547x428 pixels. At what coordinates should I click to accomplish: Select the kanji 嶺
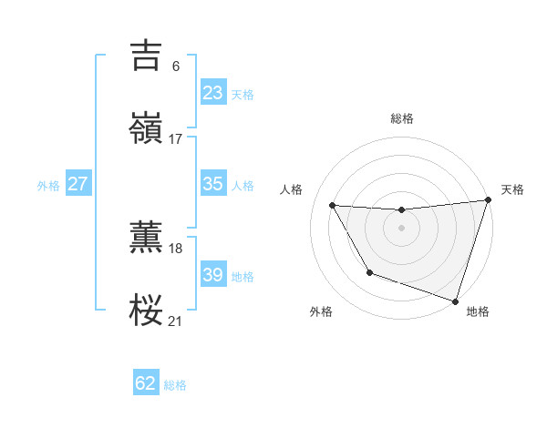click(x=147, y=129)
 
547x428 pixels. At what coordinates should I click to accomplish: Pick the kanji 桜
click(x=147, y=310)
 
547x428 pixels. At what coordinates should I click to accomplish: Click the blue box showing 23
click(x=212, y=93)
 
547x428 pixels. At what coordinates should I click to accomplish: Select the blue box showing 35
click(x=212, y=184)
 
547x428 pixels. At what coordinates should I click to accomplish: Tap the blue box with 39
click(x=212, y=275)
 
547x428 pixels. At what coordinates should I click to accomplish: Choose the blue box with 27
click(x=77, y=184)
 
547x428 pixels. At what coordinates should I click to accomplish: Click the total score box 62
click(x=146, y=383)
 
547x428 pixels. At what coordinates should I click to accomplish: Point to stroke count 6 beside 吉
click(x=175, y=66)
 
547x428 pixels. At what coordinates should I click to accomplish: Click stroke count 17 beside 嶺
click(x=175, y=139)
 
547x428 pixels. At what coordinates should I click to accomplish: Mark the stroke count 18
click(x=175, y=248)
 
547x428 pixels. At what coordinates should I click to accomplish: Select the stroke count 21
click(x=175, y=321)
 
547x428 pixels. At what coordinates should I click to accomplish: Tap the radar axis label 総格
click(x=402, y=118)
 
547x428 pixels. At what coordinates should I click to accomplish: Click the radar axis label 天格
click(x=512, y=189)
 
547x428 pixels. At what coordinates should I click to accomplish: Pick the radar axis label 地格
click(x=478, y=312)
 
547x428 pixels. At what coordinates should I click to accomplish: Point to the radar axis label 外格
click(x=321, y=312)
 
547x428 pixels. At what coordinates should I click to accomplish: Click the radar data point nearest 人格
click(x=333, y=206)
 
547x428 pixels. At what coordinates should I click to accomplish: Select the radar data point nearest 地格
click(x=454, y=300)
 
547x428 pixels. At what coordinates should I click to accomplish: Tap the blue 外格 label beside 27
click(x=48, y=185)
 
